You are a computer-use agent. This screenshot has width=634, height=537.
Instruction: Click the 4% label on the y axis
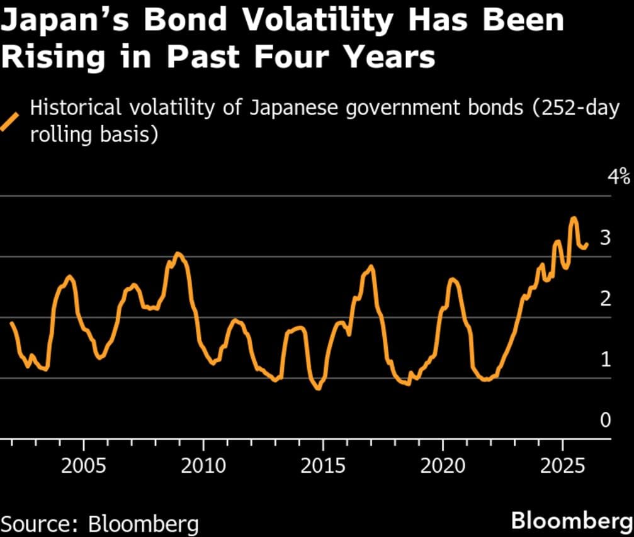618,177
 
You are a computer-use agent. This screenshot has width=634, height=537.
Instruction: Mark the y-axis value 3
606,238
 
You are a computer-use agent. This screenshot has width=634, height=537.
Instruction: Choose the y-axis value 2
606,299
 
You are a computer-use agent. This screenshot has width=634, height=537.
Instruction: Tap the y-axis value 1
606,360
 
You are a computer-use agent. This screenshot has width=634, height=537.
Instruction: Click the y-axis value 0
606,420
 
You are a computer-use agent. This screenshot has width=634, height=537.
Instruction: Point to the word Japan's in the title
63,21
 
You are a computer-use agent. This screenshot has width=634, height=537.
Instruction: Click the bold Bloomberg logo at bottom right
570,521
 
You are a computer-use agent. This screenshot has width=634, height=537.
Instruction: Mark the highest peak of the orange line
574,218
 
